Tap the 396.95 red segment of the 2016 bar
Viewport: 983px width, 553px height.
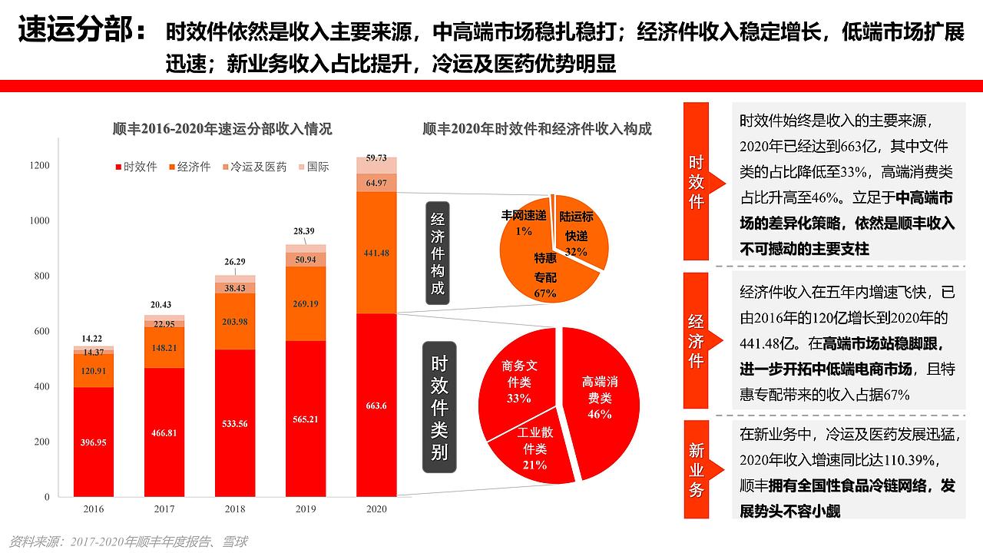(x=94, y=442)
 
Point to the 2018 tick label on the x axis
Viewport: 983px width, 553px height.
(x=235, y=509)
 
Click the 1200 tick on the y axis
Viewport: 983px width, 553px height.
(x=39, y=166)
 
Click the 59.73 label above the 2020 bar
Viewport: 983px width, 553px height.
(x=376, y=157)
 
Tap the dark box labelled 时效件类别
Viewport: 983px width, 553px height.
(x=439, y=406)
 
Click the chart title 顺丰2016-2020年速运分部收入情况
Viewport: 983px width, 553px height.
(x=222, y=129)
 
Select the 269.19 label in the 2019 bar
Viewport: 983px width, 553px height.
(x=306, y=303)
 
